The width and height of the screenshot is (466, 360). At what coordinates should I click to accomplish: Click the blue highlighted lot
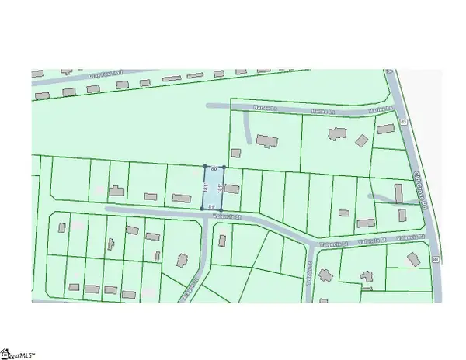214,187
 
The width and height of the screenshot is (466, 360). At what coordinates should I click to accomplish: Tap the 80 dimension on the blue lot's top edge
214,168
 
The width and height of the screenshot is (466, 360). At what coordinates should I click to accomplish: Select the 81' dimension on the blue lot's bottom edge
213,206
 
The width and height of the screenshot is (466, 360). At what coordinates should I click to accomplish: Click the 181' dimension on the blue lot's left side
205,187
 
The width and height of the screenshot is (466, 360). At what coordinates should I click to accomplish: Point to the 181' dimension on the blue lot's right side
221,187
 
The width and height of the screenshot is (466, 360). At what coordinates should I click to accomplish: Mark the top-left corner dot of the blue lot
205,167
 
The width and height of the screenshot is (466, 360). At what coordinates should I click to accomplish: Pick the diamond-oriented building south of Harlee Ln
360,140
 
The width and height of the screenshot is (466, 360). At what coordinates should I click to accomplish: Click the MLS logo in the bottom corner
21,351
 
